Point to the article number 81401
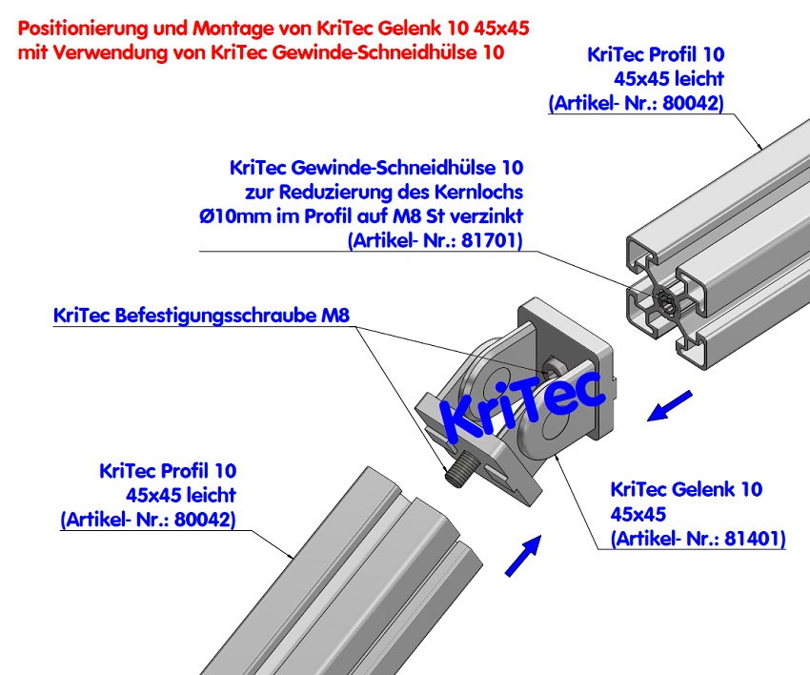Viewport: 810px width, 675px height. pos(750,539)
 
